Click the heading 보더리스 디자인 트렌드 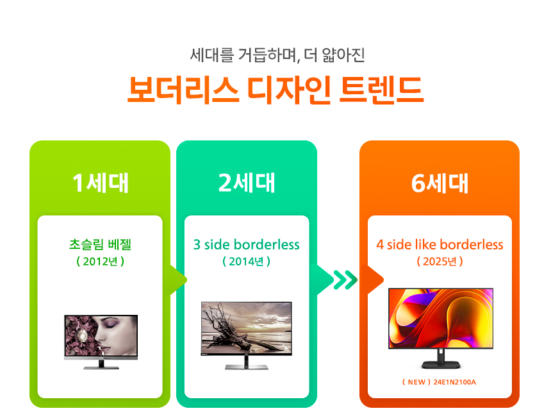pyautogui.click(x=275, y=91)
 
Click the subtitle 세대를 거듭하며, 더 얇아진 pyautogui.click(x=277, y=55)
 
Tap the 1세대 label pyautogui.click(x=100, y=183)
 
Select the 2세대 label pyautogui.click(x=247, y=183)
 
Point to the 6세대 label pyautogui.click(x=440, y=183)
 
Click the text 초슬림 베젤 pyautogui.click(x=100, y=244)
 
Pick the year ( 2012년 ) pyautogui.click(x=100, y=262)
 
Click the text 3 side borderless pyautogui.click(x=247, y=245)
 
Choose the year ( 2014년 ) pyautogui.click(x=247, y=262)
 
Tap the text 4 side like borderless pyautogui.click(x=440, y=245)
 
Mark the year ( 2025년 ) pyautogui.click(x=440, y=262)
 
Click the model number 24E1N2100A pyautogui.click(x=455, y=383)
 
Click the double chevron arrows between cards pyautogui.click(x=345, y=280)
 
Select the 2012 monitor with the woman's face pyautogui.click(x=101, y=337)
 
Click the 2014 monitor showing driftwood pyautogui.click(x=247, y=331)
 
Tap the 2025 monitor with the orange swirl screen pyautogui.click(x=440, y=319)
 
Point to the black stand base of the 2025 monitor pyautogui.click(x=440, y=364)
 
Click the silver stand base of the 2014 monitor pyautogui.click(x=247, y=366)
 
